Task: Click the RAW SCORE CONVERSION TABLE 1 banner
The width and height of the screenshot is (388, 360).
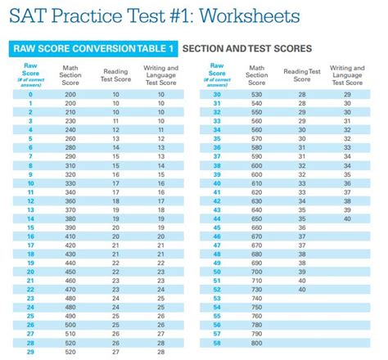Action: click(x=95, y=49)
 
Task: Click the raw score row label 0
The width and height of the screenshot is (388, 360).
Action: click(x=29, y=94)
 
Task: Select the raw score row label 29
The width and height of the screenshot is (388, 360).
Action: click(x=29, y=353)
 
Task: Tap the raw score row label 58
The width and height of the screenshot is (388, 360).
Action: click(x=216, y=344)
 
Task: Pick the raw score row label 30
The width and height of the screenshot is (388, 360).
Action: click(x=216, y=94)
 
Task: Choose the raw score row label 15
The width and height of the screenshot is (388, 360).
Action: click(x=29, y=227)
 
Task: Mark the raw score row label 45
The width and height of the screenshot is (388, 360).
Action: click(x=216, y=227)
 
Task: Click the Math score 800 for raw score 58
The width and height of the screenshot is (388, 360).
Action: click(x=258, y=344)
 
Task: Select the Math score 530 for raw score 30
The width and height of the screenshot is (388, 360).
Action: click(x=258, y=94)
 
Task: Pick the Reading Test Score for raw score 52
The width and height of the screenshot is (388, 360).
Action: click(x=301, y=290)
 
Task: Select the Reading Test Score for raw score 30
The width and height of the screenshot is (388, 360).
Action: click(x=301, y=94)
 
